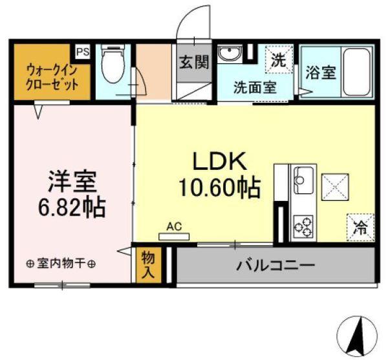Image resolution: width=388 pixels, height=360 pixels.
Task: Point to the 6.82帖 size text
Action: click(x=71, y=207)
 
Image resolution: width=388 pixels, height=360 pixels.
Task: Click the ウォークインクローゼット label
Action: click(x=52, y=77)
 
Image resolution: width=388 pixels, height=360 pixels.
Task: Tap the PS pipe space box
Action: click(x=82, y=50)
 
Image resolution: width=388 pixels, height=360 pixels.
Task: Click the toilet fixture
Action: click(x=113, y=65)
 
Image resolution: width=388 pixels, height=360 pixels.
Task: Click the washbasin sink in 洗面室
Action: click(x=230, y=54)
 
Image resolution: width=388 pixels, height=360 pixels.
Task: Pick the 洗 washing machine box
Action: click(x=279, y=61)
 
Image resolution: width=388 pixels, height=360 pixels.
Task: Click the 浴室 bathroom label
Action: click(x=320, y=71)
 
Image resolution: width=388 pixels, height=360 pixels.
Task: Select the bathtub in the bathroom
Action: click(x=356, y=71)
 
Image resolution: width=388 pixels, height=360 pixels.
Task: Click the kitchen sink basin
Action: click(x=305, y=180)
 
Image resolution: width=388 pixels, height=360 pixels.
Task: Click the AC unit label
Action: click(x=173, y=226)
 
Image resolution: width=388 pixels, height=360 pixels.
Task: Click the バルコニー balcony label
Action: click(x=274, y=265)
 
